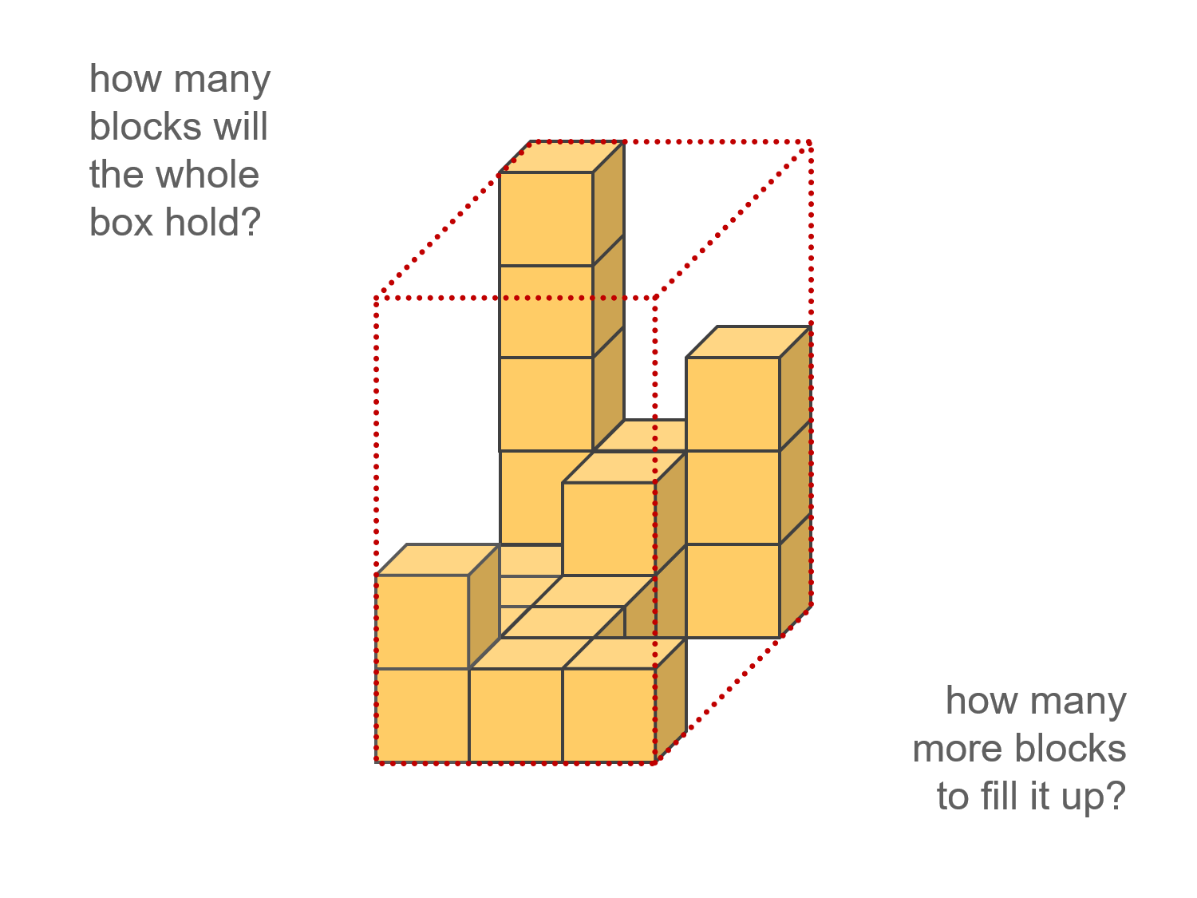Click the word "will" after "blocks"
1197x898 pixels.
[244, 127]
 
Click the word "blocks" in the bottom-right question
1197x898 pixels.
[1071, 749]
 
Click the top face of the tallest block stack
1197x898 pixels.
[562, 157]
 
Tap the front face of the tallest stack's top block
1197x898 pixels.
[546, 219]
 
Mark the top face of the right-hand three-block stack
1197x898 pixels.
[749, 342]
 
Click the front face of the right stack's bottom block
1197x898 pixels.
[733, 591]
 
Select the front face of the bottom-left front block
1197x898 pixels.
[422, 715]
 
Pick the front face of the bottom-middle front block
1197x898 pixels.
[516, 715]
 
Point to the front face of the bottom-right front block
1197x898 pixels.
[609, 715]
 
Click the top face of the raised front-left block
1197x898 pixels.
[437, 560]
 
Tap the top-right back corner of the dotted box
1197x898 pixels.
[811, 142]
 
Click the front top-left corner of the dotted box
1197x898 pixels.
[376, 298]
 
